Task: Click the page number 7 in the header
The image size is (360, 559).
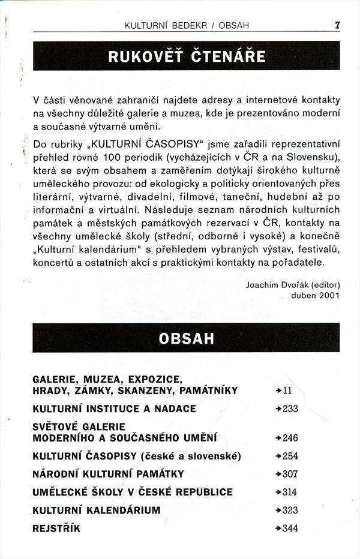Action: [x=338, y=25]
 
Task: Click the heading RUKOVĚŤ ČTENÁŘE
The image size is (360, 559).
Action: [x=186, y=57]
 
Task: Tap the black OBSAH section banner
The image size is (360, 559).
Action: [x=186, y=338]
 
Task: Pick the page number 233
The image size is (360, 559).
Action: [x=290, y=409]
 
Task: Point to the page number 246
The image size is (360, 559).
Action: [x=290, y=438]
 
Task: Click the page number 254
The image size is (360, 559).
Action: [x=290, y=456]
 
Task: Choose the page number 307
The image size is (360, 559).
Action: [x=290, y=474]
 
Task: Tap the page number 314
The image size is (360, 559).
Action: [x=290, y=492]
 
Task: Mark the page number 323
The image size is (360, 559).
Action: [x=290, y=510]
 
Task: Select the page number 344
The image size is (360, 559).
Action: [x=290, y=528]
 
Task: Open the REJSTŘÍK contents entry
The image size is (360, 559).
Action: [x=56, y=528]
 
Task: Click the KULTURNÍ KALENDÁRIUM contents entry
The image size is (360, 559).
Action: [x=97, y=510]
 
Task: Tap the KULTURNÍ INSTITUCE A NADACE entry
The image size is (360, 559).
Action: [x=114, y=409]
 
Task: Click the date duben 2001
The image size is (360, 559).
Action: [x=316, y=295]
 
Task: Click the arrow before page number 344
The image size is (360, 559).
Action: [x=278, y=528]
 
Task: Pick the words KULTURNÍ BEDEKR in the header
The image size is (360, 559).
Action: [x=161, y=25]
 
